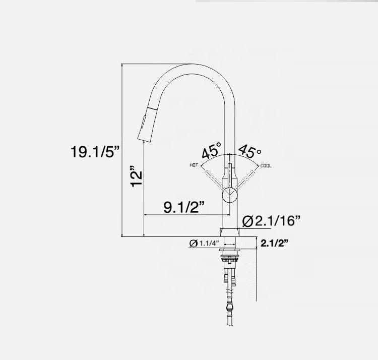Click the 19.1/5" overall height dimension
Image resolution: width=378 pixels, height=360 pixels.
point(95,152)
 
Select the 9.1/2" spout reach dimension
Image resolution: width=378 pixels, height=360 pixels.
point(184,207)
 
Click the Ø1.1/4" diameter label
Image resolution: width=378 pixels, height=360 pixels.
point(204,244)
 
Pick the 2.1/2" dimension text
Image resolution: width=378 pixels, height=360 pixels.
point(274,243)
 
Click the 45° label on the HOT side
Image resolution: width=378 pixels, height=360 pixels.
point(212,151)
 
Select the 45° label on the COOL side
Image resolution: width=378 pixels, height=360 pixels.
point(250,151)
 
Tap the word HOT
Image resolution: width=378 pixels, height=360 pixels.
point(194,165)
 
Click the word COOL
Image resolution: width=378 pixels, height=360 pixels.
point(266,165)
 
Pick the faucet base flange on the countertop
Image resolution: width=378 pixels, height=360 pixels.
point(230,232)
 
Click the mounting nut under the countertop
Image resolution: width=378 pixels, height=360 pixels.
point(230,260)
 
